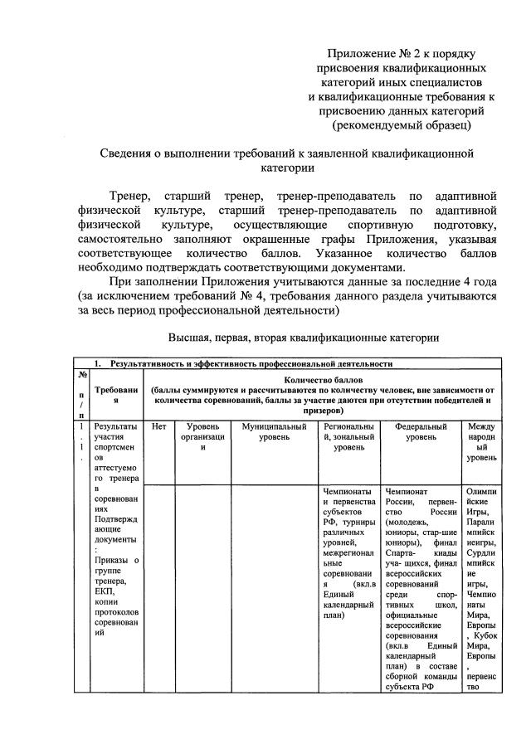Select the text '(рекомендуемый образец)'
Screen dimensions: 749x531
401,125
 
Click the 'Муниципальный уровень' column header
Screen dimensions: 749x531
273,431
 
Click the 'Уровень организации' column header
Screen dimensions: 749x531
202,436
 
